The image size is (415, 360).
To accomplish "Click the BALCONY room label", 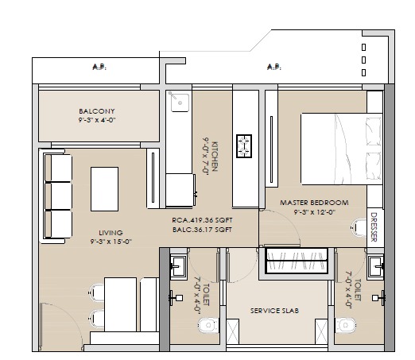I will [x=96, y=111].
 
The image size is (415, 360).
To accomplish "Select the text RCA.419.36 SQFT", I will [x=202, y=221].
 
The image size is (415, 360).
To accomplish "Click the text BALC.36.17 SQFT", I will [x=202, y=230].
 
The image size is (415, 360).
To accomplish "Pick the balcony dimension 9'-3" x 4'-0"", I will [x=96, y=121].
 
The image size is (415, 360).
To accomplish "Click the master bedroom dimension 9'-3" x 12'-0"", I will [x=316, y=212].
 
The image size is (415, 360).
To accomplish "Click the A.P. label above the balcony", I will [x=99, y=68].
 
